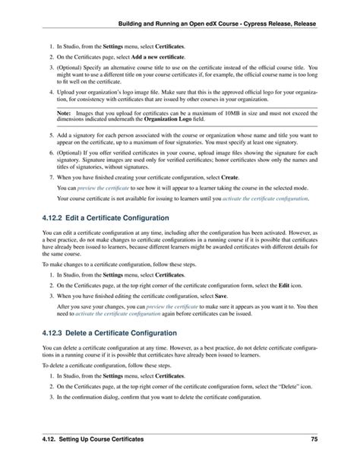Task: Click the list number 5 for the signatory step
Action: pyautogui.click(x=50, y=134)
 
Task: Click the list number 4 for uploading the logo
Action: pyautogui.click(x=50, y=90)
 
